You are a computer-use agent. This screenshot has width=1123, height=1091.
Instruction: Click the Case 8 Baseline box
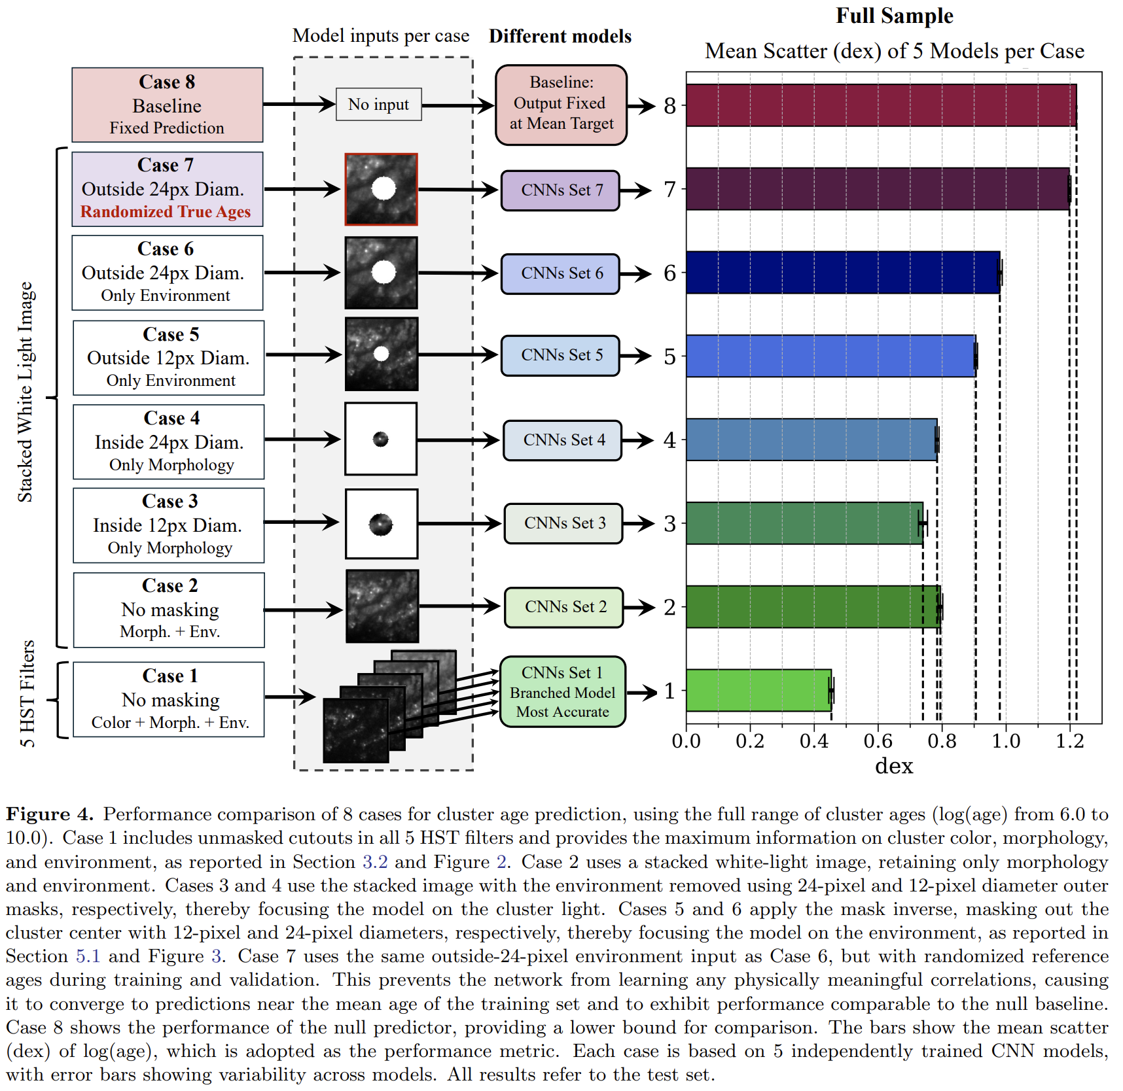(x=167, y=105)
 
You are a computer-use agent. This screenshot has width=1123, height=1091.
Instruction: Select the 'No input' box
(x=378, y=105)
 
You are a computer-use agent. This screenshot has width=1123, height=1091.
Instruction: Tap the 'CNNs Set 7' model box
(x=560, y=190)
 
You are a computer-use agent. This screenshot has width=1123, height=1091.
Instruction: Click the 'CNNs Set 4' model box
(x=563, y=440)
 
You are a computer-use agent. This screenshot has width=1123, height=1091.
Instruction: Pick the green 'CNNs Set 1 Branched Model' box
(x=562, y=691)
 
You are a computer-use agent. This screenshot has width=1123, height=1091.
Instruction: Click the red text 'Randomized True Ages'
(x=166, y=212)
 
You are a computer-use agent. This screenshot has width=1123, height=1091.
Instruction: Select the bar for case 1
(x=758, y=690)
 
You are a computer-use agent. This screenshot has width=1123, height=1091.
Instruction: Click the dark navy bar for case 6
(x=842, y=273)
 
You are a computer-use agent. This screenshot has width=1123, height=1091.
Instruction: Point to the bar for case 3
(x=804, y=523)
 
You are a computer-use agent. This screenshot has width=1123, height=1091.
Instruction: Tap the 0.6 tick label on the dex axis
(x=878, y=741)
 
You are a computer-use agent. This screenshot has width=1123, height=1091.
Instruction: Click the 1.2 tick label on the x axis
(x=1069, y=741)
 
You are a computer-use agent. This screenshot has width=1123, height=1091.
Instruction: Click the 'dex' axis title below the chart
(x=893, y=766)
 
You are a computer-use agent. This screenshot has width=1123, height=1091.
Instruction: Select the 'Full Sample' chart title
(x=894, y=16)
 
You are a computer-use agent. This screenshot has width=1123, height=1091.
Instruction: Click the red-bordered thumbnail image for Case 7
(x=382, y=190)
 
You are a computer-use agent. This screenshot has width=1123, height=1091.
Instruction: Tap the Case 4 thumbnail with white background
(x=381, y=439)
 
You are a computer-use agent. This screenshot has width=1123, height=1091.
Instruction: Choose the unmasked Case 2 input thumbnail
(x=382, y=606)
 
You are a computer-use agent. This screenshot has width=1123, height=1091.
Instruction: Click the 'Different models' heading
(x=560, y=37)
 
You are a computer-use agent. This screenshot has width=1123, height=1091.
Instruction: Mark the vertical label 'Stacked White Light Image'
(x=25, y=392)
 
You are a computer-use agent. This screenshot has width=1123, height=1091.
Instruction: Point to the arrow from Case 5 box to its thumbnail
(x=304, y=355)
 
